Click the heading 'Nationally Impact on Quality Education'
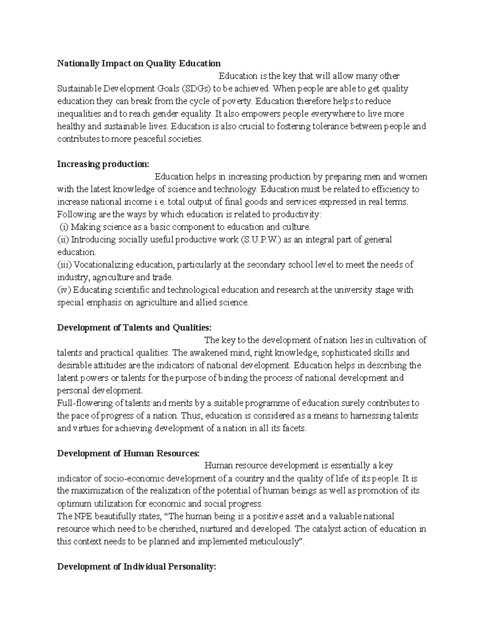pyautogui.click(x=139, y=63)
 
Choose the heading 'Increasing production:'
pyautogui.click(x=103, y=164)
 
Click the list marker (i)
pyautogui.click(x=64, y=227)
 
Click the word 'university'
pyautogui.click(x=358, y=290)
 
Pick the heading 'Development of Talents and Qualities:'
pyautogui.click(x=134, y=327)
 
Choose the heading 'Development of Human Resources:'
pyautogui.click(x=128, y=453)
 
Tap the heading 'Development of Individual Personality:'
pyautogui.click(x=136, y=567)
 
